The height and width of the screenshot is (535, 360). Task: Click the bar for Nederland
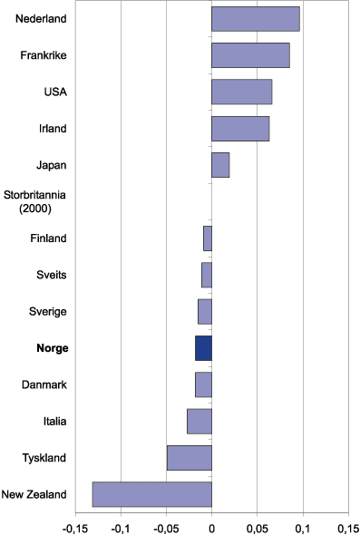255,19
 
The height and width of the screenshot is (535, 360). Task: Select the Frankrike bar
250,55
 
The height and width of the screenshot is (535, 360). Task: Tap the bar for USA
241,92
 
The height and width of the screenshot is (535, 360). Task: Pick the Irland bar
240,129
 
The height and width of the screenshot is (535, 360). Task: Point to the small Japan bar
220,165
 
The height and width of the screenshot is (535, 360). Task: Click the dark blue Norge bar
203,348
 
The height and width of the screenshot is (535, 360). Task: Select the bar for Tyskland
190,458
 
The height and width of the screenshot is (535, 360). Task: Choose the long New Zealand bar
152,494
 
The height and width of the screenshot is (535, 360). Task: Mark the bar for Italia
199,421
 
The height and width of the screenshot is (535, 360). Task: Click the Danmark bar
203,384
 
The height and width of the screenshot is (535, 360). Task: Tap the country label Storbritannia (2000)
34,201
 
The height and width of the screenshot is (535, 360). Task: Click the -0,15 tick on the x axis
74,525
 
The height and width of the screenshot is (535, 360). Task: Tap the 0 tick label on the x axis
211,525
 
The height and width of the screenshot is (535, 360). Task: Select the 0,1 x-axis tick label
303,525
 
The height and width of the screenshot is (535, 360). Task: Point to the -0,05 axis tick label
165,525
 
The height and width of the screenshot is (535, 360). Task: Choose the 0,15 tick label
347,525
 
